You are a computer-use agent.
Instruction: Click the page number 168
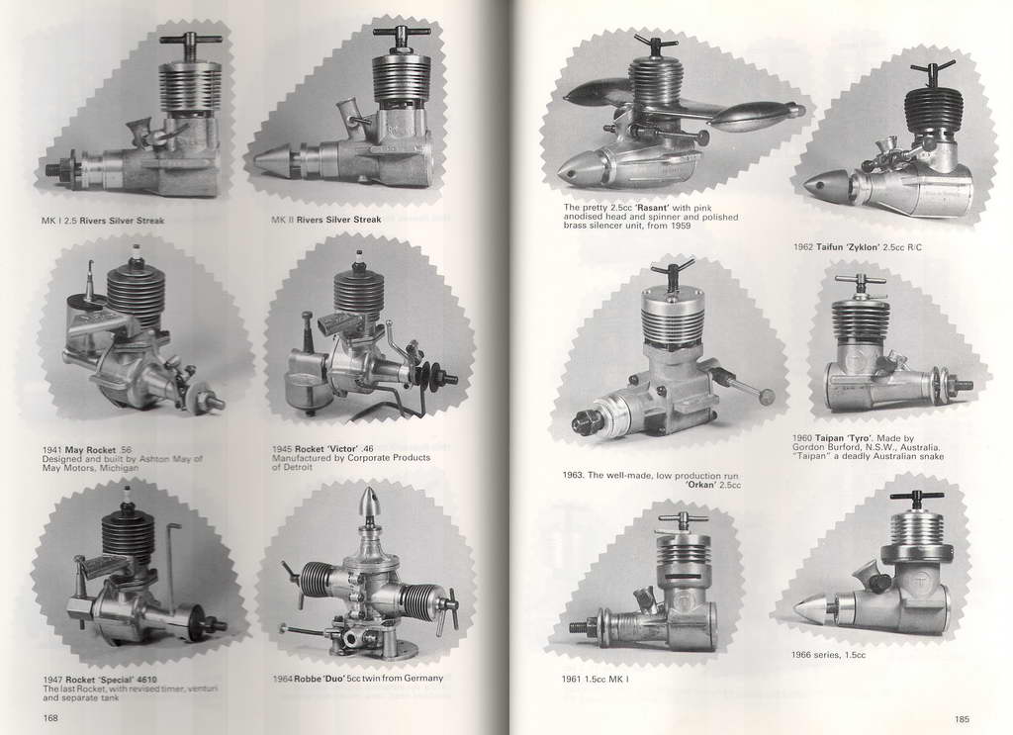[x=50, y=717]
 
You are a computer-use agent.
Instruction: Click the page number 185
[x=962, y=719]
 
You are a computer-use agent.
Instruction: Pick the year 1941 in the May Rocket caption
[x=52, y=449]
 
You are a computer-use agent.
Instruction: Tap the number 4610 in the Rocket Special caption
[x=144, y=680]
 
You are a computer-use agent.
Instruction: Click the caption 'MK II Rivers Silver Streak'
[x=326, y=220]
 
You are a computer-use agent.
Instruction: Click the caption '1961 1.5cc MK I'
[x=595, y=679]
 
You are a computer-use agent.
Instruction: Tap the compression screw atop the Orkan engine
[x=672, y=274]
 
